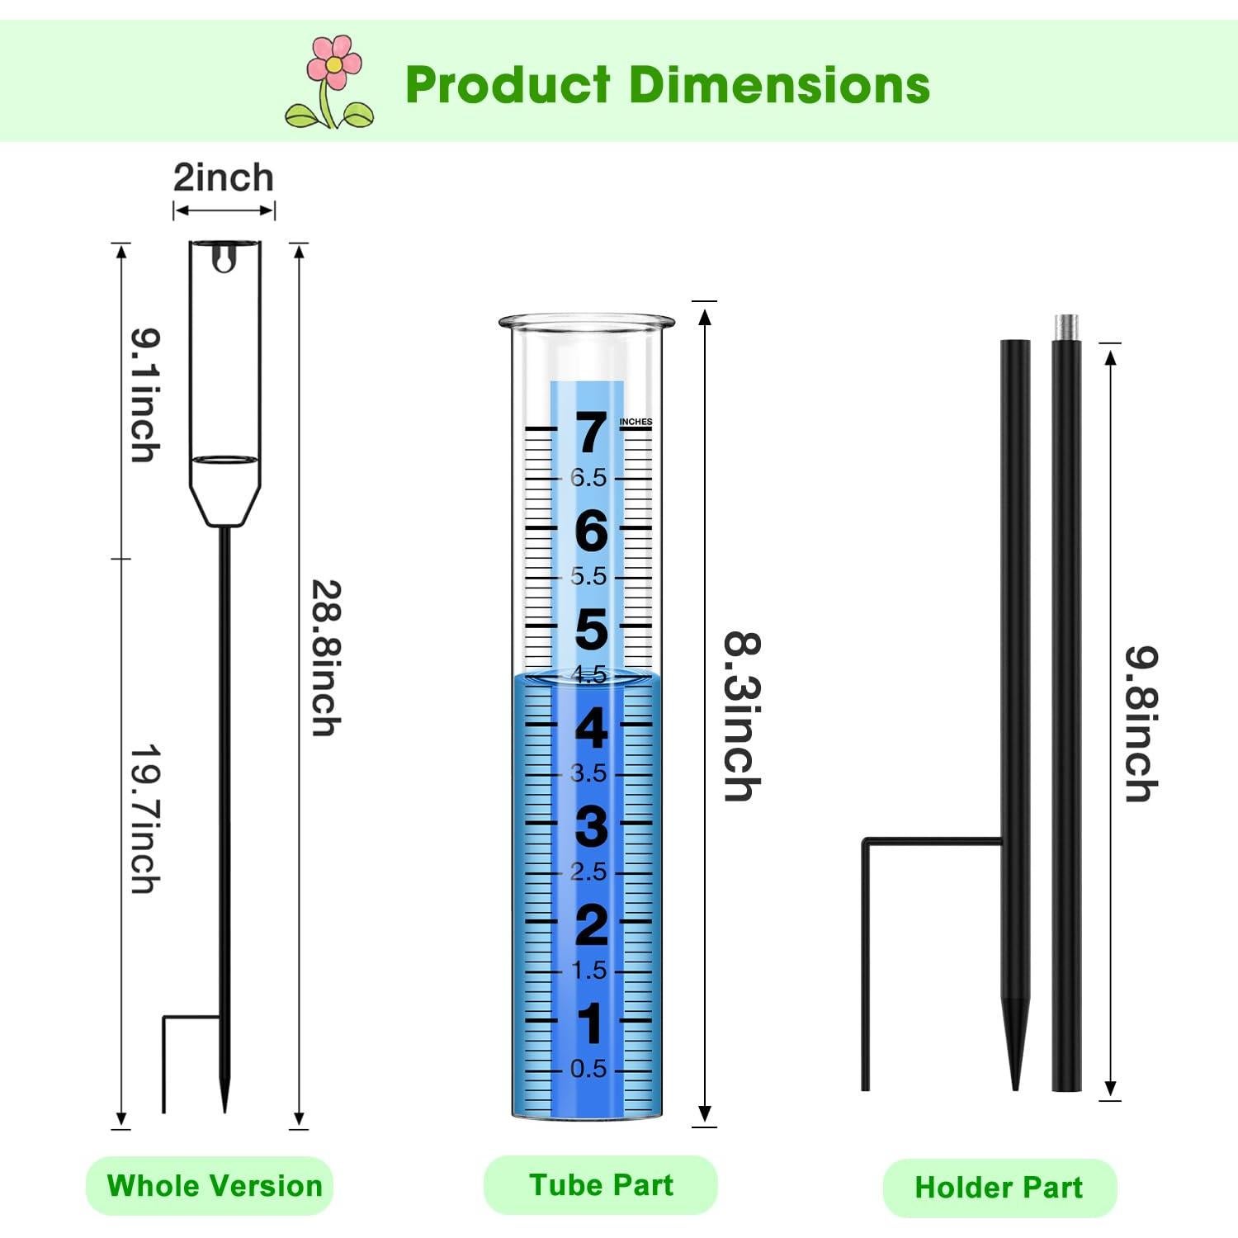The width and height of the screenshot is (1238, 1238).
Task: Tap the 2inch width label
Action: tap(223, 177)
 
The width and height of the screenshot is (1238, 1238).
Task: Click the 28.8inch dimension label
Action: tap(325, 658)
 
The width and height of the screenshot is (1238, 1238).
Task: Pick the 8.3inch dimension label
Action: tap(741, 716)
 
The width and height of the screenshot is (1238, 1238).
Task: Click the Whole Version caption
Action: tap(214, 1186)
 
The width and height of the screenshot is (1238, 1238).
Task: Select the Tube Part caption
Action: tap(601, 1185)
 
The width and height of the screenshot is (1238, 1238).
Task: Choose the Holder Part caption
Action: tap(999, 1188)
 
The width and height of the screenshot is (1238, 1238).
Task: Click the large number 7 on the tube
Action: tap(591, 432)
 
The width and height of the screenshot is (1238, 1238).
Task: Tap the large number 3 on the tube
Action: tap(591, 826)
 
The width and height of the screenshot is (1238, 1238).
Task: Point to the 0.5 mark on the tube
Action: tap(588, 1069)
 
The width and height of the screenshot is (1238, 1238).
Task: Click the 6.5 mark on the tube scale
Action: tap(588, 478)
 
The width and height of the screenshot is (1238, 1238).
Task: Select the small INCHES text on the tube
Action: tap(636, 422)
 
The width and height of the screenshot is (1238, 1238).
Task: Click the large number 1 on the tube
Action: tap(591, 1023)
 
